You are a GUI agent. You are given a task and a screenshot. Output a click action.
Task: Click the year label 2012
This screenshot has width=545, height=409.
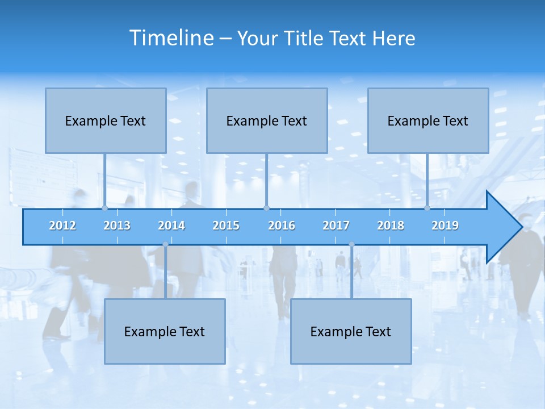(x=62, y=226)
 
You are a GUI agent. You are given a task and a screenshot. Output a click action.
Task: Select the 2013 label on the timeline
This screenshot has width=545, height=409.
(x=117, y=226)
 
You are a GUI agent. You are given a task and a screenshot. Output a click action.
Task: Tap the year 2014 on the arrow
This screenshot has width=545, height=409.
(x=171, y=226)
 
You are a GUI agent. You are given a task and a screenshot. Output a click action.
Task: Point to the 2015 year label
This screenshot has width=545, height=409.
(x=226, y=226)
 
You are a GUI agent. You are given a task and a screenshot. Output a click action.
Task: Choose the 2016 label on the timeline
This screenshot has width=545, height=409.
(x=282, y=226)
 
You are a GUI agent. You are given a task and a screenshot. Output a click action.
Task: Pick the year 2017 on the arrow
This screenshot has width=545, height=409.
(x=336, y=226)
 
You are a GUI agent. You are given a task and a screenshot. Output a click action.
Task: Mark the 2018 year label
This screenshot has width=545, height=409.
(x=391, y=226)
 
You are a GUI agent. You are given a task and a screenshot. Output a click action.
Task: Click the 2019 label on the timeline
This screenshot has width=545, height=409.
(x=445, y=226)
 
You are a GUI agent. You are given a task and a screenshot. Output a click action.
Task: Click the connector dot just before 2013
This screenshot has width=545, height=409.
(x=104, y=208)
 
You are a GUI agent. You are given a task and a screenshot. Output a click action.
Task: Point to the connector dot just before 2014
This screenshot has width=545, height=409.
(x=165, y=244)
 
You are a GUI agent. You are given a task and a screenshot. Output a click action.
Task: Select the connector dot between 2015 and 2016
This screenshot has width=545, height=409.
(x=266, y=208)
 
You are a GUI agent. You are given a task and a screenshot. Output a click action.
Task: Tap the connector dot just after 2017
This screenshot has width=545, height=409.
(x=351, y=244)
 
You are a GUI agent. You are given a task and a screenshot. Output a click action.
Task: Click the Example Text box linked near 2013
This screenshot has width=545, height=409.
(x=106, y=120)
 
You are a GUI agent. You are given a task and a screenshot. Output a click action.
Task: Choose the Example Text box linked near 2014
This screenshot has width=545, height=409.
(x=165, y=331)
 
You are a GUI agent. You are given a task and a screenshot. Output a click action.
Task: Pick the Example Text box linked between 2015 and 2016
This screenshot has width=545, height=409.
(x=267, y=120)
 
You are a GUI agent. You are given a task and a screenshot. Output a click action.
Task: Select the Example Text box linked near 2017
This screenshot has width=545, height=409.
(x=351, y=331)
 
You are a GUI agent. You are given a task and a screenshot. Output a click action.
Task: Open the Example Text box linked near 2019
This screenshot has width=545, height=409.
(x=428, y=120)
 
